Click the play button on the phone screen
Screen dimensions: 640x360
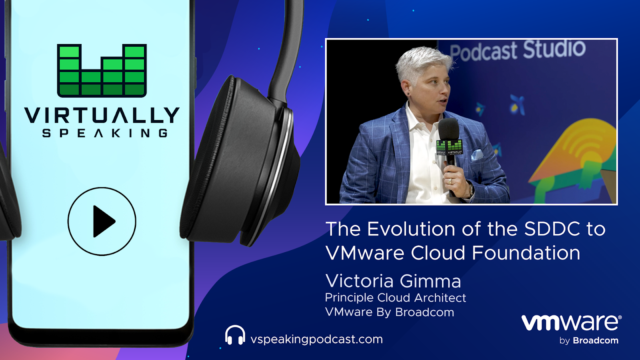point(102,222)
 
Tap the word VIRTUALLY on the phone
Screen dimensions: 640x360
point(102,116)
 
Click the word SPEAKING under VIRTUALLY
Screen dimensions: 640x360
point(105,133)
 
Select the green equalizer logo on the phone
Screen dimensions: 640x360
point(102,70)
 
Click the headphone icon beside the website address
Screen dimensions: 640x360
point(235,335)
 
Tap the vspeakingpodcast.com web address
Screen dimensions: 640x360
point(316,340)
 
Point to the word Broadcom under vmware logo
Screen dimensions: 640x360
point(596,340)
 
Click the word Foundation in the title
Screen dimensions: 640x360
point(526,253)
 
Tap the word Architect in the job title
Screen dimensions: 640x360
point(440,298)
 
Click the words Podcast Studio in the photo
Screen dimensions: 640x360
point(518,51)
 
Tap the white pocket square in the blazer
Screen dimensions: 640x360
point(477,154)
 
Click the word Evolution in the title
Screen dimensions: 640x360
point(411,229)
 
